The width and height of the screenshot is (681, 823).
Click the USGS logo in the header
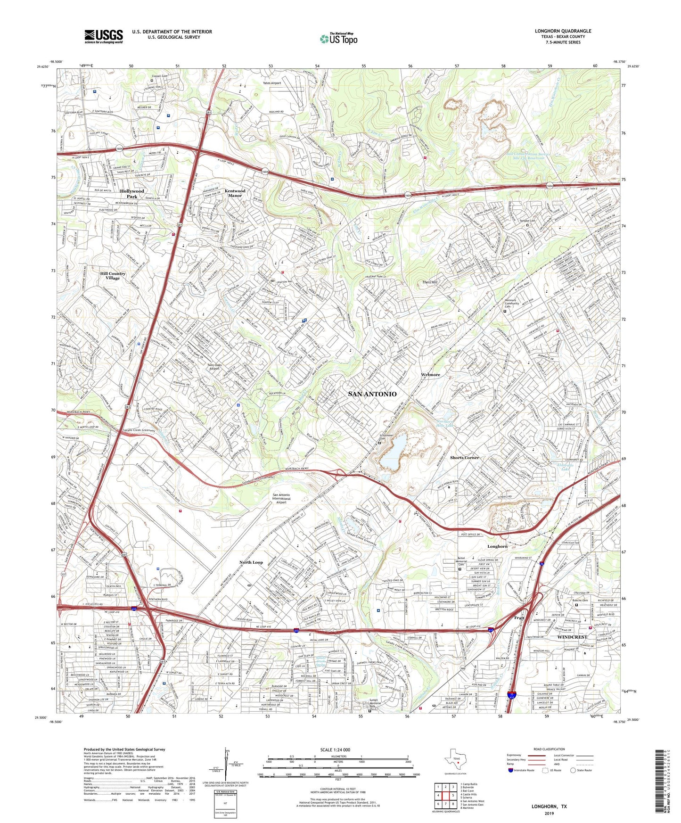click(x=103, y=36)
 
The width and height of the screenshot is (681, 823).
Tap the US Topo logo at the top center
click(x=338, y=39)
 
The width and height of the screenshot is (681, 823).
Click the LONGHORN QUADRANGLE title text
click(x=563, y=31)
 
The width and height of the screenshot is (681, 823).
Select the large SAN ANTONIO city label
click(x=372, y=394)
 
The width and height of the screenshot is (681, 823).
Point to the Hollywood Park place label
click(x=131, y=194)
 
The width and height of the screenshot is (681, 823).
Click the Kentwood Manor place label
click(x=235, y=193)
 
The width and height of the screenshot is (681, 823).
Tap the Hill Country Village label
click(x=113, y=276)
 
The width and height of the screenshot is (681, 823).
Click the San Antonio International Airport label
click(x=281, y=498)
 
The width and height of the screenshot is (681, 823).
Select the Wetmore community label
click(x=430, y=375)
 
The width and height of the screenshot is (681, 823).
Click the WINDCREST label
click(x=572, y=637)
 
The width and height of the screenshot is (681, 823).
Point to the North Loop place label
click(x=251, y=562)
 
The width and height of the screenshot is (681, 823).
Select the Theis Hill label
click(x=430, y=282)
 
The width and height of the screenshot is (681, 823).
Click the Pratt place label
click(x=519, y=617)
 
